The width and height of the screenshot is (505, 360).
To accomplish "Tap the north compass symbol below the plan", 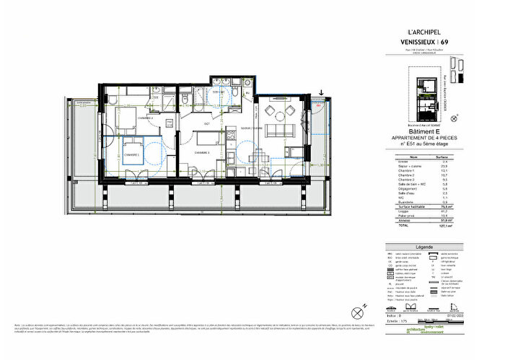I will [356, 312].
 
